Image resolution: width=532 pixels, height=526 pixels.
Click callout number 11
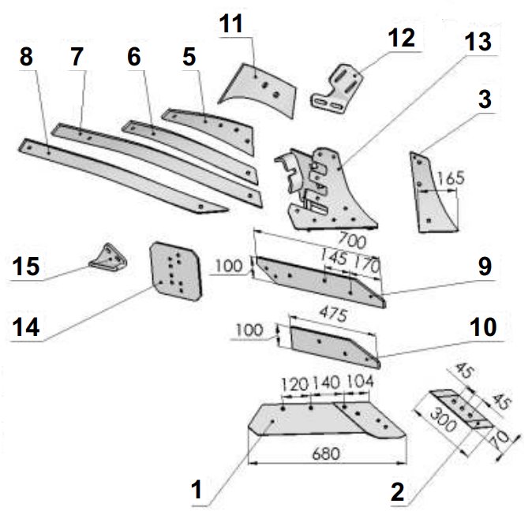tap(231, 24)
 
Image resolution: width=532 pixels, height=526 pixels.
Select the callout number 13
tap(478, 42)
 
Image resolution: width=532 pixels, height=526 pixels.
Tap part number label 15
tap(26, 267)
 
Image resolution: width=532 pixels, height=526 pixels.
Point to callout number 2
tap(398, 492)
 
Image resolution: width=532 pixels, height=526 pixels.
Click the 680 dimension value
tap(326, 453)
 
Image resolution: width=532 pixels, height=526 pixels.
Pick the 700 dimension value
tap(352, 241)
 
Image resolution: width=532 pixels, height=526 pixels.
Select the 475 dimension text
tap(334, 315)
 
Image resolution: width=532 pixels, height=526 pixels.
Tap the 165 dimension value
tap(450, 178)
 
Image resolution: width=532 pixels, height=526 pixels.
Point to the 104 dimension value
tap(360, 382)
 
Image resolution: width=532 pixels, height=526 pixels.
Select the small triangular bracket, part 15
tap(108, 258)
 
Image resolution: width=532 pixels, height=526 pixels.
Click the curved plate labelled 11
tap(258, 90)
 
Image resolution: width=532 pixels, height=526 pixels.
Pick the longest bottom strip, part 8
tap(122, 176)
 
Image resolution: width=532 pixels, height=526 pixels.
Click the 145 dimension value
tap(334, 258)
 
